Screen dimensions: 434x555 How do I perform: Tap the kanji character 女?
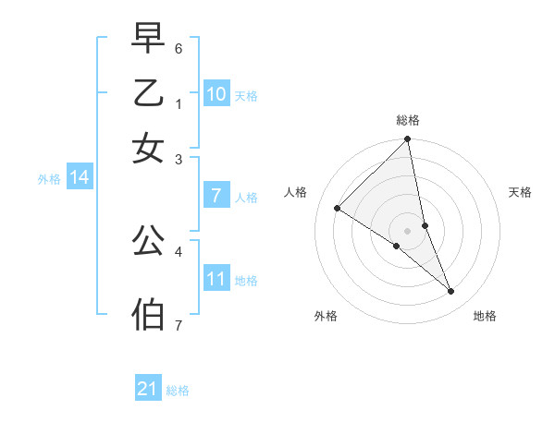click(148, 148)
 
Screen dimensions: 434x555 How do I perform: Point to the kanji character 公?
click(148, 241)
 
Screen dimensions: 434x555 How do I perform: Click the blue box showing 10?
click(216, 94)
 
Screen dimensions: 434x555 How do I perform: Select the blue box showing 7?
click(216, 196)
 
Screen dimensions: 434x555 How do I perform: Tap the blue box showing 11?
click(216, 279)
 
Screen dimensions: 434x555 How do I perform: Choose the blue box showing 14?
click(80, 177)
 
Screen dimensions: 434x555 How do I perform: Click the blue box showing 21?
click(148, 389)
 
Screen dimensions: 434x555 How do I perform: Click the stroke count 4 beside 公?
click(179, 250)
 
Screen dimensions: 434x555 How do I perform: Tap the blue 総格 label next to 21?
click(178, 391)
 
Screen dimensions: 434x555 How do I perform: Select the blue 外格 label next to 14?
click(49, 179)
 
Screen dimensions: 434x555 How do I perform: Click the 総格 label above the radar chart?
click(408, 120)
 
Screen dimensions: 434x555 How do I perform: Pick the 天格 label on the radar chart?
click(521, 192)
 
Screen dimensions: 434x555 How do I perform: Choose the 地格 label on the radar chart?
click(485, 317)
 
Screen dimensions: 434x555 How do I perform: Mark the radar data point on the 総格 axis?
click(408, 140)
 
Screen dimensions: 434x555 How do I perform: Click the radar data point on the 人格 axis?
click(337, 208)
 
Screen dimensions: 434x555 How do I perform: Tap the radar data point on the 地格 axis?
click(451, 292)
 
